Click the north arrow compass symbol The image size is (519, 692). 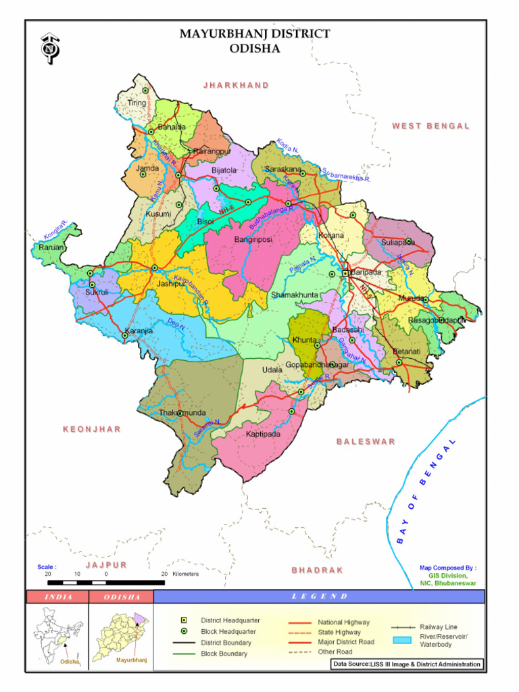pos(48,49)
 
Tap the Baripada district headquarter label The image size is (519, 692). pos(366,272)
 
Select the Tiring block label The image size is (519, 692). pos(137,103)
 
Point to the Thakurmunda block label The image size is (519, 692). pos(182,412)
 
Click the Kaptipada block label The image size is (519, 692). pos(263,434)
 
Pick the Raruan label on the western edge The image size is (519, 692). pos(51,247)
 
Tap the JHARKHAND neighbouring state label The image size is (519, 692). pos(236,85)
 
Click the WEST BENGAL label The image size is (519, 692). pos(430,126)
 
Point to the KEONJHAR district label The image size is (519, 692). pos(92,429)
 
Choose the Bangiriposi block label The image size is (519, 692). pos(253,239)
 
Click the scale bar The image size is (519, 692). pos(106,582)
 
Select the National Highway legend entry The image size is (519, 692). pos(343,622)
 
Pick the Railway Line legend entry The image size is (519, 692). pos(438,626)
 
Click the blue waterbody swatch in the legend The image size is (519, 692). pos(403,640)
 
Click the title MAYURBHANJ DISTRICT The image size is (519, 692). pos(255,34)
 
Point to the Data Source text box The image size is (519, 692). pos(407,664)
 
